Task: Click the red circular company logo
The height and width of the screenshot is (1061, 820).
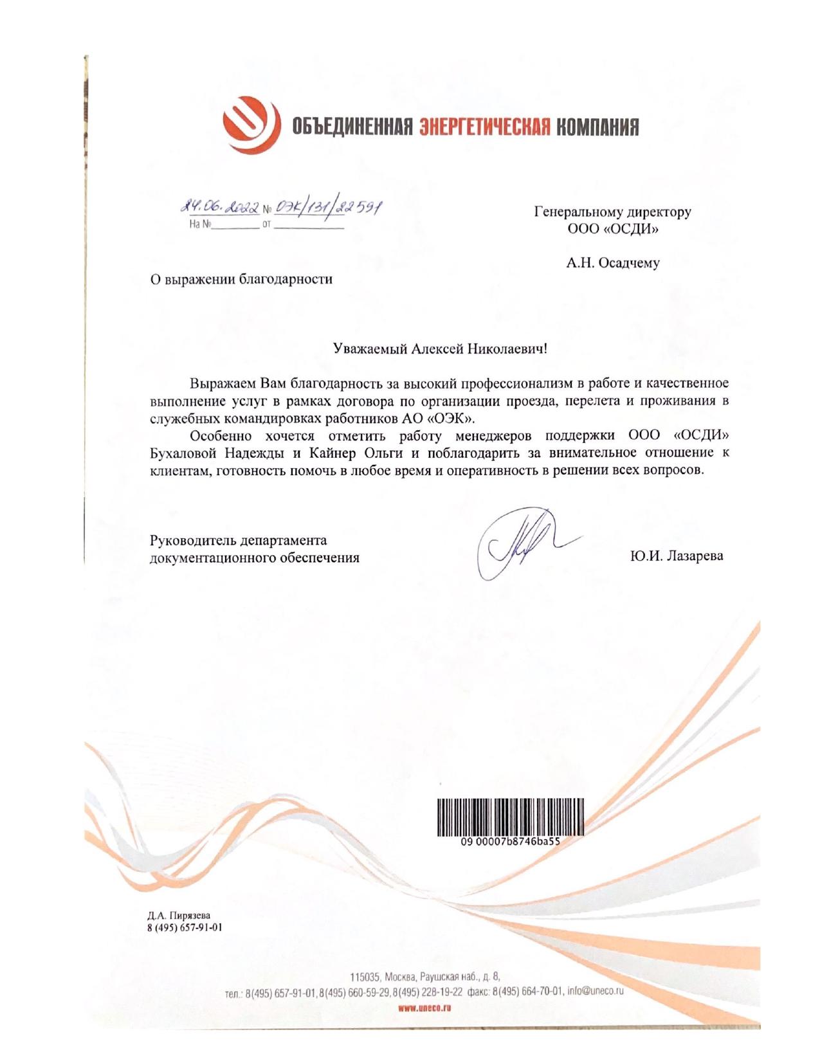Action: pyautogui.click(x=251, y=125)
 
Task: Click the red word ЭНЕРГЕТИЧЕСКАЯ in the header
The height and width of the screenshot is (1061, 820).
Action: pyautogui.click(x=484, y=127)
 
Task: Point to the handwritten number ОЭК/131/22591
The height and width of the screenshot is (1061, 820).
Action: pyautogui.click(x=328, y=208)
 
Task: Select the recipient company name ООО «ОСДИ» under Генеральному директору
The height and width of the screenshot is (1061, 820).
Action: pyautogui.click(x=612, y=228)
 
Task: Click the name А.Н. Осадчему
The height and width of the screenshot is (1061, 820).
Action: pyautogui.click(x=612, y=263)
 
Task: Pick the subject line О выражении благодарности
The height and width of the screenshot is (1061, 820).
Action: pyautogui.click(x=241, y=279)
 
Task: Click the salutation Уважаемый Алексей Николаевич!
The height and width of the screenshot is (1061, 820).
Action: pyautogui.click(x=441, y=349)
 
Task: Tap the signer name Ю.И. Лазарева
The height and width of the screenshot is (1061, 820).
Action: pyautogui.click(x=676, y=556)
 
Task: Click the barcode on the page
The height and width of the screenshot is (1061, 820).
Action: pyautogui.click(x=511, y=817)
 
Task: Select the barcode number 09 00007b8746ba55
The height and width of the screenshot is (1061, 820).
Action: pyautogui.click(x=511, y=841)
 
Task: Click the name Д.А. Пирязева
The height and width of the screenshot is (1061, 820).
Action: pyautogui.click(x=179, y=916)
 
